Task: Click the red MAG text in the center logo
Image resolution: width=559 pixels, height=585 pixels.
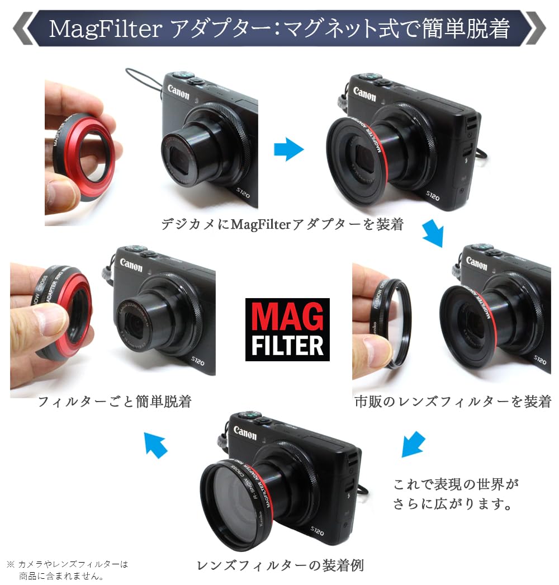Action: click(x=287, y=317)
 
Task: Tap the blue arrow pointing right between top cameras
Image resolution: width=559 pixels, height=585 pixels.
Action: click(x=288, y=149)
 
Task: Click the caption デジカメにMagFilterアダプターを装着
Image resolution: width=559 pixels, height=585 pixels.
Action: click(x=282, y=224)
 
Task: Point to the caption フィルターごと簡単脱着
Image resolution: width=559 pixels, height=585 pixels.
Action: click(x=115, y=401)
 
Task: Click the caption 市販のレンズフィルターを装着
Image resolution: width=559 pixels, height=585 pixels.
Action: click(x=453, y=401)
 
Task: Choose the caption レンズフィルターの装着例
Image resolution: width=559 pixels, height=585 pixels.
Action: click(x=280, y=565)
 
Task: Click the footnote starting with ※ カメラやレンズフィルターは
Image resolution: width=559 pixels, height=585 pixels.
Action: click(x=67, y=569)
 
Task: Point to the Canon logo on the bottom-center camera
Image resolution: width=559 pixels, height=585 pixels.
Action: click(x=245, y=433)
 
